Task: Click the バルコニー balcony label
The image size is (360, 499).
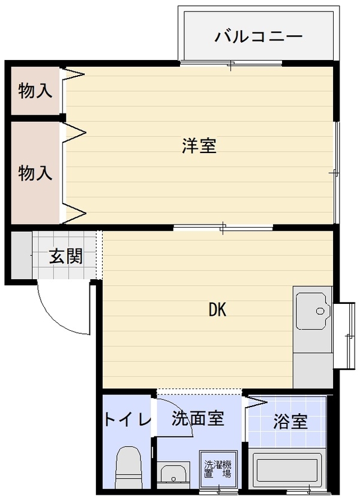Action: (x=259, y=37)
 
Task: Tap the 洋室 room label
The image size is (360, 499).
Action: (x=199, y=145)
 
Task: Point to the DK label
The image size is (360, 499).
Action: (x=218, y=309)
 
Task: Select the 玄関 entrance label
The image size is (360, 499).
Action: (x=66, y=256)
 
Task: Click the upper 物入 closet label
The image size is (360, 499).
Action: (x=35, y=91)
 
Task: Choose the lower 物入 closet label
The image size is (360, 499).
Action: (x=35, y=173)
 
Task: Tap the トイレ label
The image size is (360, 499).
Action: (x=127, y=420)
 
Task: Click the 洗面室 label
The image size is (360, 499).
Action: (x=198, y=419)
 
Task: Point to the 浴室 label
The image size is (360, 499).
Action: (x=290, y=422)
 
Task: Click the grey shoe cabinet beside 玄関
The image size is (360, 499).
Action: (x=22, y=255)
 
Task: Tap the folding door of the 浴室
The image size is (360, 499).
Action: (x=256, y=403)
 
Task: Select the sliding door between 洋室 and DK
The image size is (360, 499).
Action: (x=223, y=228)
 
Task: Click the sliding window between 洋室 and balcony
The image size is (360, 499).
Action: (x=231, y=64)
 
